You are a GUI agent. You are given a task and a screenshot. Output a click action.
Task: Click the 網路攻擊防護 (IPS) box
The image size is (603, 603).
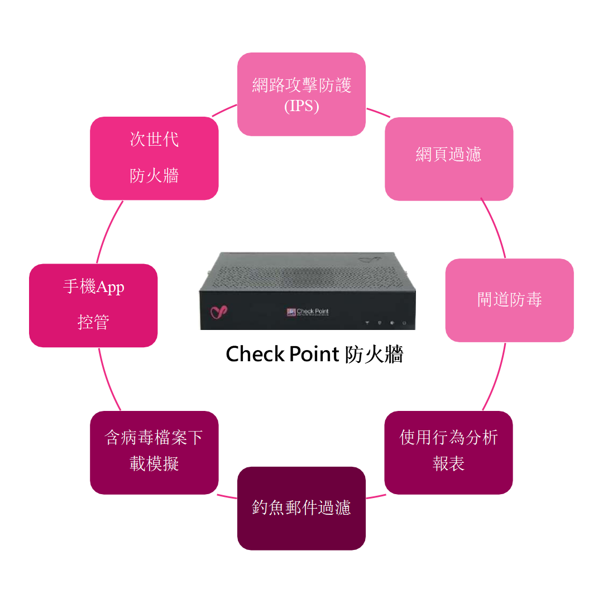[x=301, y=94]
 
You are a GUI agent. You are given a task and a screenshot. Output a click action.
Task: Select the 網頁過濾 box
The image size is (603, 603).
[x=449, y=159]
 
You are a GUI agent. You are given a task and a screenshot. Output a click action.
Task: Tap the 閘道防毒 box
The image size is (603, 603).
[x=509, y=300]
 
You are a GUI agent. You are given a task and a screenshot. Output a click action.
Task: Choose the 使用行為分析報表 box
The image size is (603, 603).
[x=449, y=453]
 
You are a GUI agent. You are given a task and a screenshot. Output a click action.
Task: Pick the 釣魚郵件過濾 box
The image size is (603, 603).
[x=301, y=508]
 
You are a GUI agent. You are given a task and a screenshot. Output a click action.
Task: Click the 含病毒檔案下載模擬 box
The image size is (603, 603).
[x=154, y=453]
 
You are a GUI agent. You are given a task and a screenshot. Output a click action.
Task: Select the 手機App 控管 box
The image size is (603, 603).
[x=93, y=305]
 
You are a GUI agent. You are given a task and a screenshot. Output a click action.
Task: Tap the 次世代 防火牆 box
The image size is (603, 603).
[x=154, y=159]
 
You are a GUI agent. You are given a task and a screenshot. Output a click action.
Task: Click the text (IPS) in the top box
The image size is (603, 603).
[x=301, y=106]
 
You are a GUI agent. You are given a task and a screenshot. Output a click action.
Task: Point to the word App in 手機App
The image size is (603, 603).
[x=111, y=287]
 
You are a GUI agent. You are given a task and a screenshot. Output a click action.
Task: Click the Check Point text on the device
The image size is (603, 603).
[x=313, y=312]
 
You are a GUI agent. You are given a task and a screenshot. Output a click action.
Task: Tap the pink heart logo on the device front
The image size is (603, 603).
[x=218, y=312]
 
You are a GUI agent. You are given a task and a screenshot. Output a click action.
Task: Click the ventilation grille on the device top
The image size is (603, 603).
[x=307, y=276]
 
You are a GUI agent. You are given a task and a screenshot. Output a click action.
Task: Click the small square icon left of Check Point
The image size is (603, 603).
[x=290, y=312]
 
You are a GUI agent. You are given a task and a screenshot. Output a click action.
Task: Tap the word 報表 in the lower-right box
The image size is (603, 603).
[x=449, y=464]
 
